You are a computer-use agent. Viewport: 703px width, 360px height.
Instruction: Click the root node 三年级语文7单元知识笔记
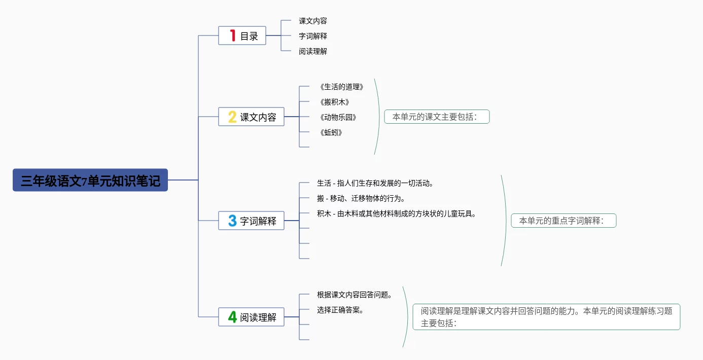(90, 180)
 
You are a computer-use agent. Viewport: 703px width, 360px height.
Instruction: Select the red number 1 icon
(233, 35)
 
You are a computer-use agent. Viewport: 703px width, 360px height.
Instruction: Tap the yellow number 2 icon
(232, 117)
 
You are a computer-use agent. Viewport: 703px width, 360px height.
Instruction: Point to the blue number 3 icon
(232, 221)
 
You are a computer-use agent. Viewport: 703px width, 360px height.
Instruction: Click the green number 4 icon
(232, 317)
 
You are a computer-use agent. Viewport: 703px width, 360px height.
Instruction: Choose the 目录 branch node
(249, 36)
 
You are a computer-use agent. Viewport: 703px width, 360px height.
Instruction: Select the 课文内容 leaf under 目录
(313, 21)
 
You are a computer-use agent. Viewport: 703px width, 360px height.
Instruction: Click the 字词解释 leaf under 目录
(313, 36)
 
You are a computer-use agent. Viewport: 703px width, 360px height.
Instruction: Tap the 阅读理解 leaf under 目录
(313, 51)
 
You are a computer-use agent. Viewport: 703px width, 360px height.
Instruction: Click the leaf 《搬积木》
(335, 102)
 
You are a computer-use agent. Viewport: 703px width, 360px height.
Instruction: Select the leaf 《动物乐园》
(338, 117)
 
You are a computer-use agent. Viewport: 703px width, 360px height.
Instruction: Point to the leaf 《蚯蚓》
(331, 132)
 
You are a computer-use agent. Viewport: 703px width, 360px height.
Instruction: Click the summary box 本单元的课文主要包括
(437, 117)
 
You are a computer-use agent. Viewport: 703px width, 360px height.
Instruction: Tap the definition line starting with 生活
(375, 183)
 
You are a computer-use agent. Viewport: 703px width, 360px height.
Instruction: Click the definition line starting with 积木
(397, 213)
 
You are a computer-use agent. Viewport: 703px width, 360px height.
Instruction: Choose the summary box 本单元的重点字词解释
(564, 221)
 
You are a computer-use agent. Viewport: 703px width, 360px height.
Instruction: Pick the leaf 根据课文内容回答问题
(355, 295)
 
